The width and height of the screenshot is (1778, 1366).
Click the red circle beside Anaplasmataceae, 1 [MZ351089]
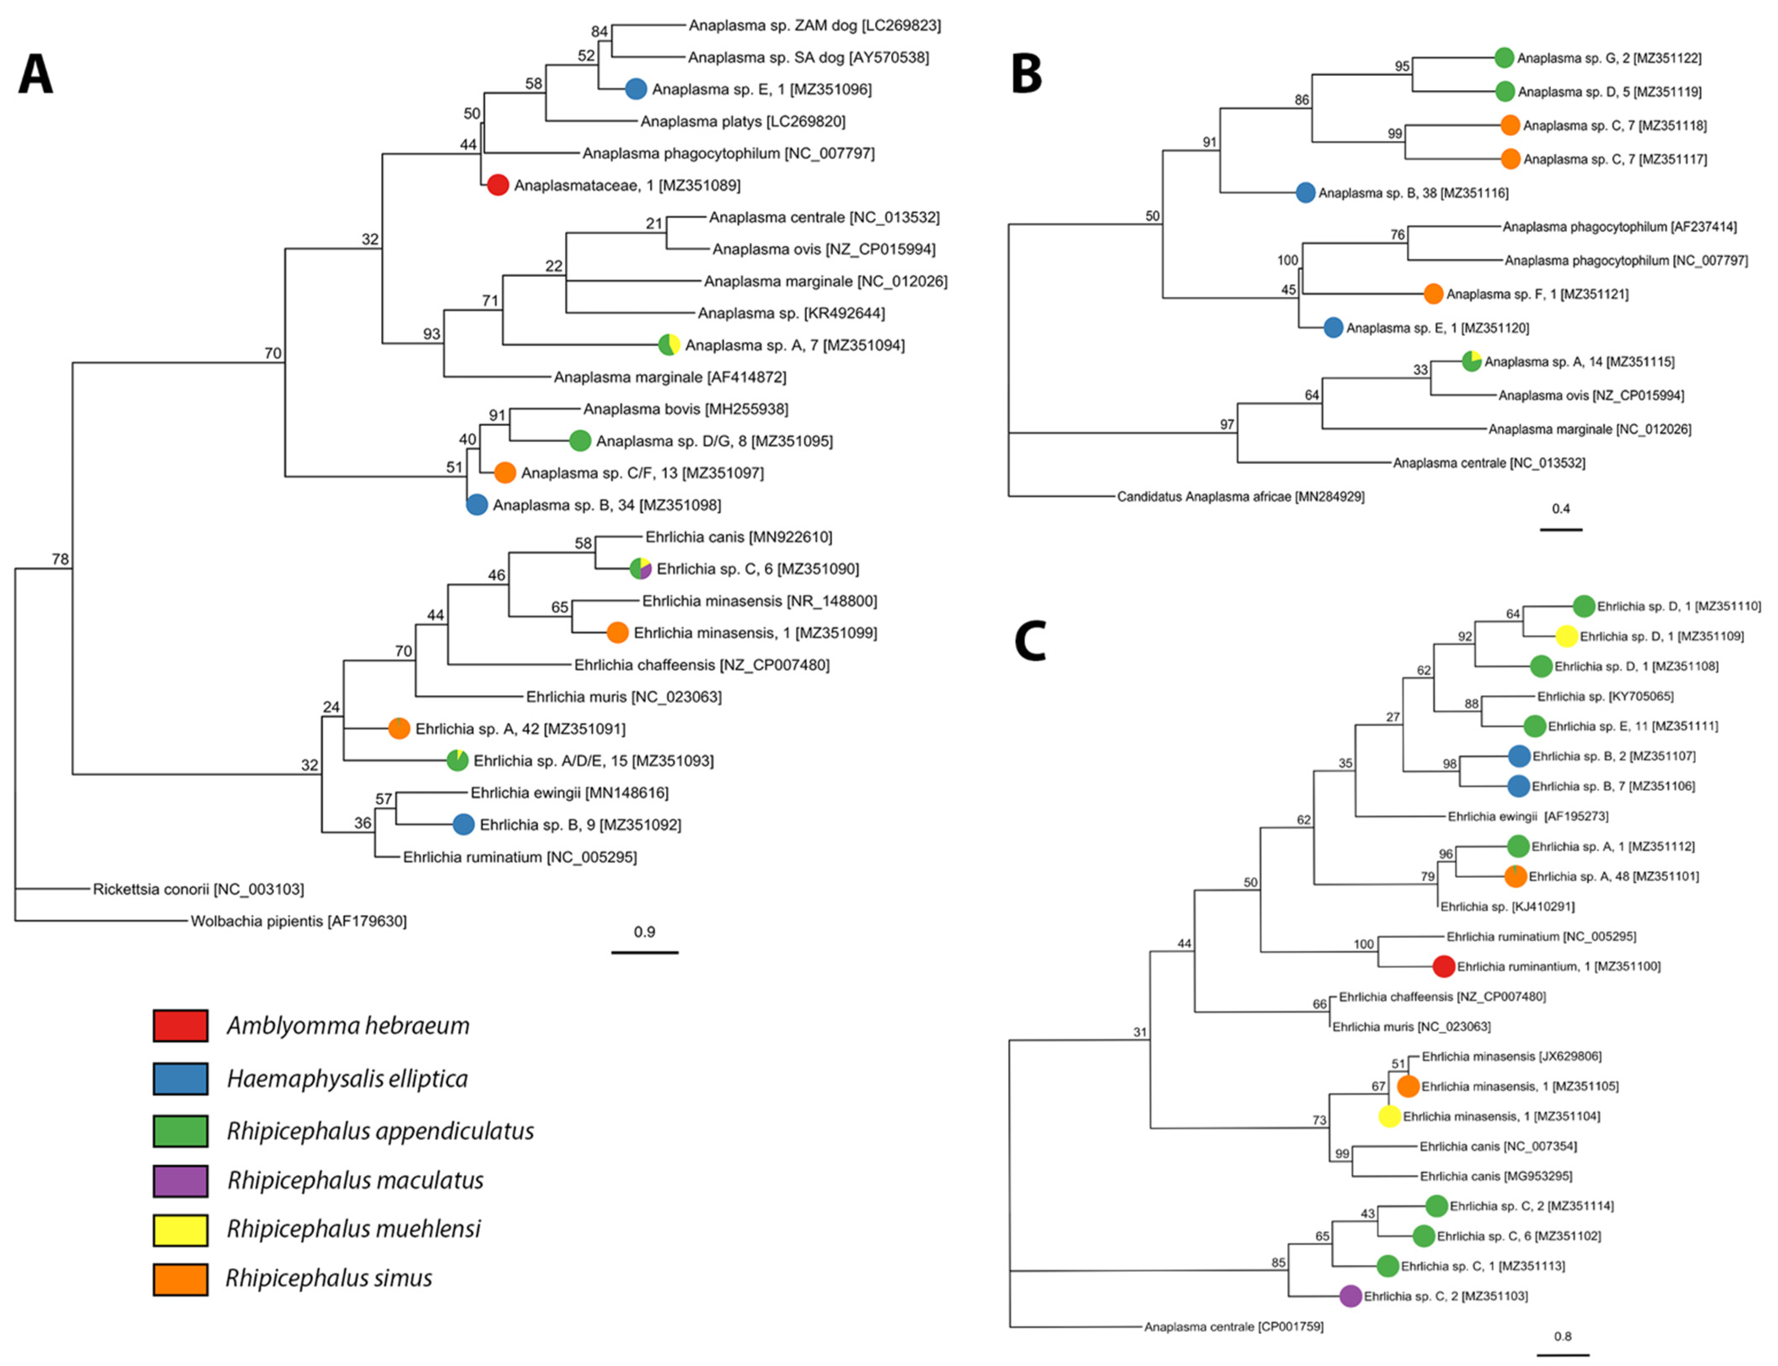point(498,185)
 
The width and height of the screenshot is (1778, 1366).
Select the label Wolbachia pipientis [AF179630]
point(298,921)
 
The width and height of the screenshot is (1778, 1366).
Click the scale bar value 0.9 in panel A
point(644,932)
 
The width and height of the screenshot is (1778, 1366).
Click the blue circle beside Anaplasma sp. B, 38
point(1305,192)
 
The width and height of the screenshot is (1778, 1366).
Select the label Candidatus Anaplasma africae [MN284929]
point(1240,496)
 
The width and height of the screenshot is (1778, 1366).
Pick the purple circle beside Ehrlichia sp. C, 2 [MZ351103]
point(1350,1296)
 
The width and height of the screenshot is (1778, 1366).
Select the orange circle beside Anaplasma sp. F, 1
point(1433,294)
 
